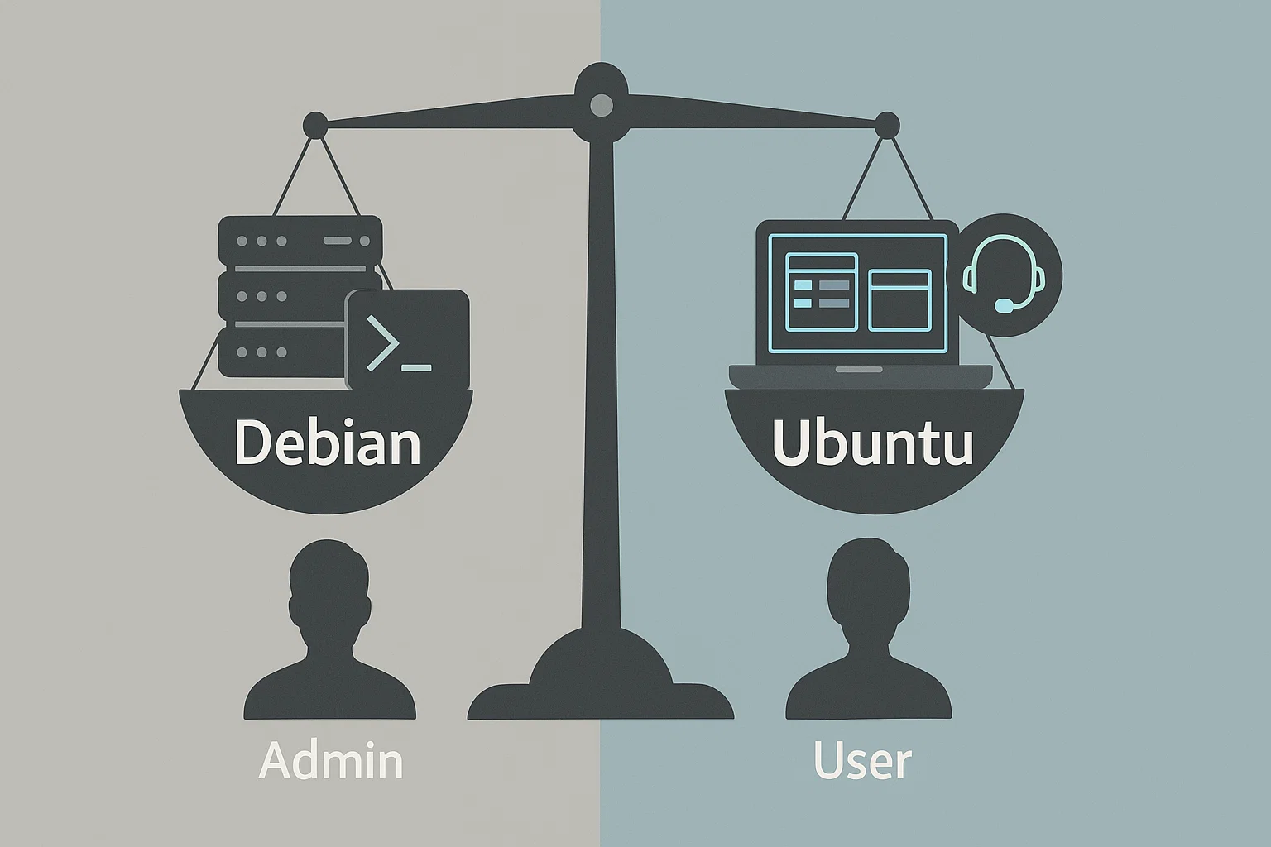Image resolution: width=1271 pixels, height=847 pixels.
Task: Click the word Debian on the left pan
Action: click(327, 443)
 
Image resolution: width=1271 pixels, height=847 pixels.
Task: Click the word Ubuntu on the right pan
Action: click(872, 443)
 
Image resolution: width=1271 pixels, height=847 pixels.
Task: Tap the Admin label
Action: click(330, 761)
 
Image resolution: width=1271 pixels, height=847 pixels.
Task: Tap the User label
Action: click(862, 761)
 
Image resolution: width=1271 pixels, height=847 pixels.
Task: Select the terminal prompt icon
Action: click(407, 339)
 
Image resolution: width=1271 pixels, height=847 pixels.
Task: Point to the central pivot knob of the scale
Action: click(602, 104)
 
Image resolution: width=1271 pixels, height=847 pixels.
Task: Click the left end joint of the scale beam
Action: click(314, 126)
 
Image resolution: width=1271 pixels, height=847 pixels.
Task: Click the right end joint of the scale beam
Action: click(887, 125)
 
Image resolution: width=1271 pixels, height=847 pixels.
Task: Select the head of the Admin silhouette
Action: click(329, 583)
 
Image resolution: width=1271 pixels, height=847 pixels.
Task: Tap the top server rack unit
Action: click(300, 241)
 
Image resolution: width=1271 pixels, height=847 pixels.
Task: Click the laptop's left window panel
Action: click(821, 292)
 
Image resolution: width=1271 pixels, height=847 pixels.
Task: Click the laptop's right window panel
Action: click(899, 299)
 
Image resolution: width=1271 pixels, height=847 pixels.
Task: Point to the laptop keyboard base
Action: click(860, 376)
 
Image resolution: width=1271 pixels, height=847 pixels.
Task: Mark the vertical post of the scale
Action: click(601, 372)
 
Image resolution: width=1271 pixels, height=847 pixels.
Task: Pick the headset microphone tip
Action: click(1003, 307)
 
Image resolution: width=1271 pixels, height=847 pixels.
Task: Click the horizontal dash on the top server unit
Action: click(338, 241)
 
